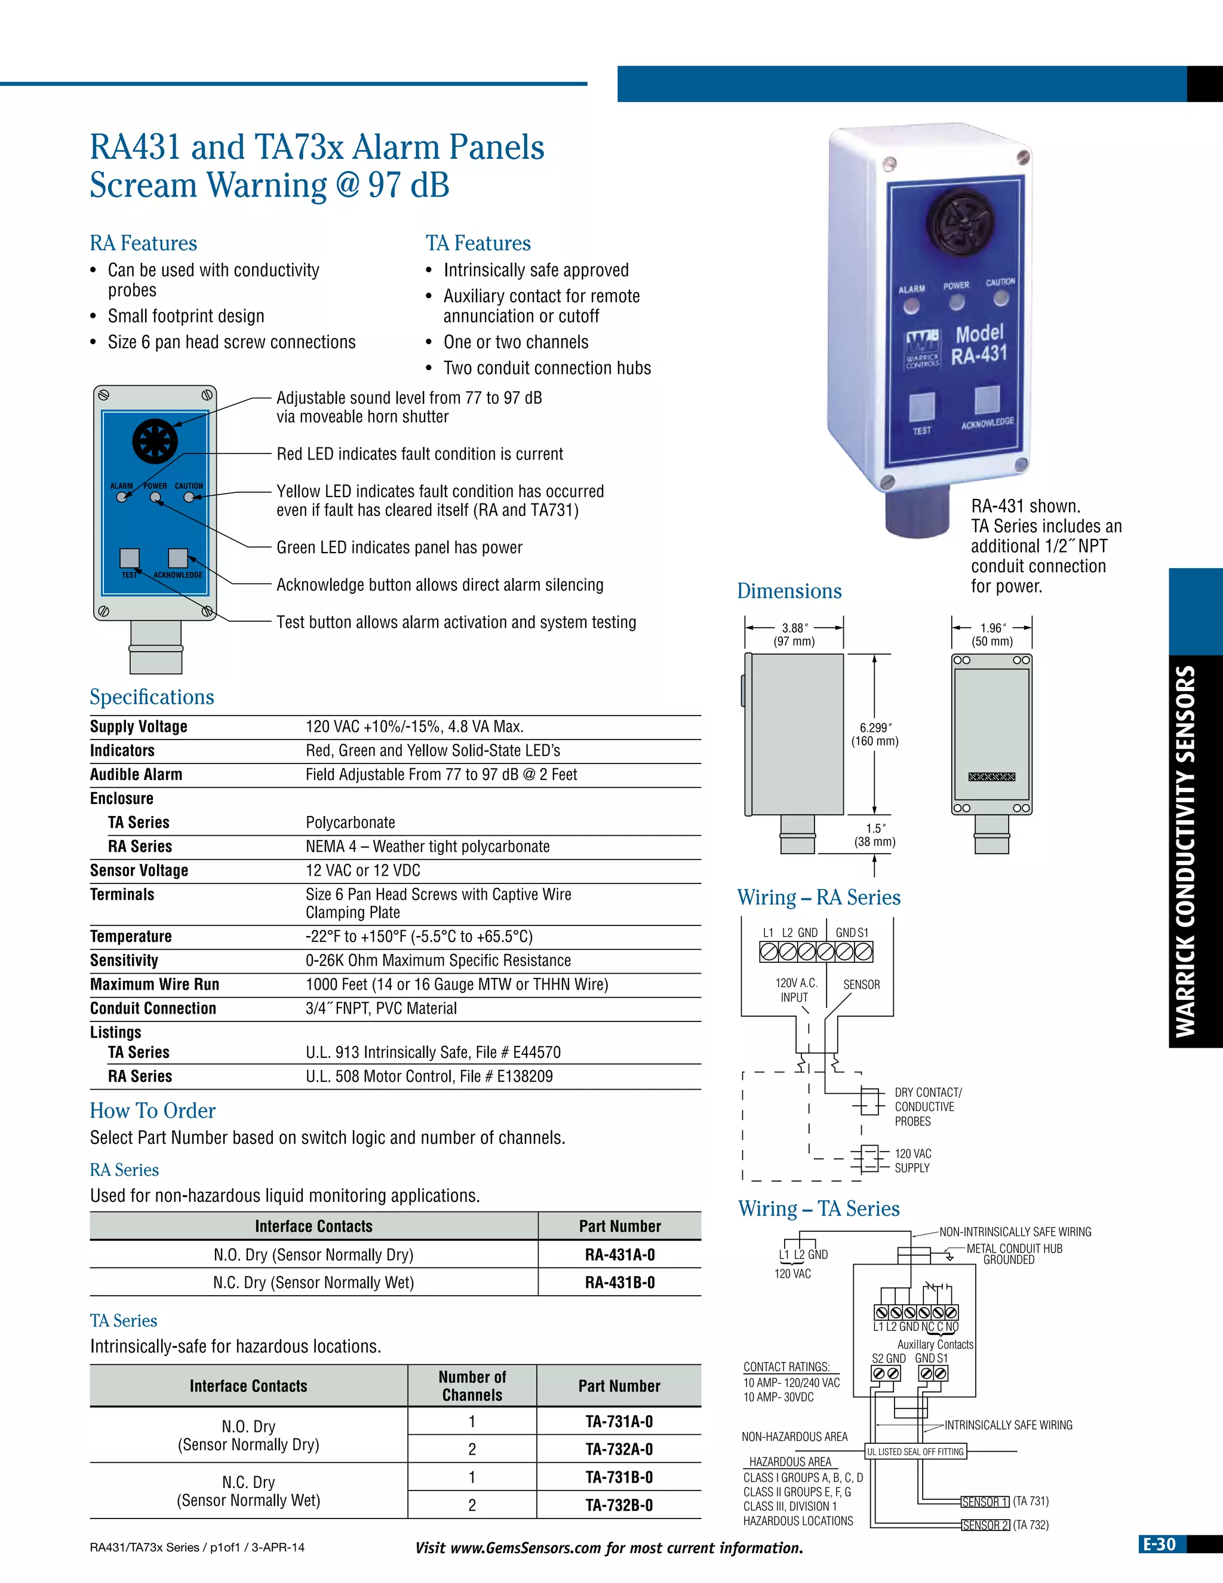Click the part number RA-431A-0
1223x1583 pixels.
619,1254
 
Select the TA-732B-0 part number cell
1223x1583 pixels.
619,1505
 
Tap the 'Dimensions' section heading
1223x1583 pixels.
789,591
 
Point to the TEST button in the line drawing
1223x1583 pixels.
130,557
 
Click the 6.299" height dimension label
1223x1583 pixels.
874,734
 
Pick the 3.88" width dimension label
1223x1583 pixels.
794,634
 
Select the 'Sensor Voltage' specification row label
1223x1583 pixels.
139,870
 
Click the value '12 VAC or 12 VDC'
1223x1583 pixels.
362,870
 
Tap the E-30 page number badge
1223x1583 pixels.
1159,1545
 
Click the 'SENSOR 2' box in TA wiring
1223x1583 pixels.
985,1525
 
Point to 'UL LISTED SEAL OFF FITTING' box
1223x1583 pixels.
916,1452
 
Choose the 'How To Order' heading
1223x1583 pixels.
153,1111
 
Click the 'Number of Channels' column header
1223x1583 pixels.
472,1386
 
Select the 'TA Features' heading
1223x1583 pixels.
478,244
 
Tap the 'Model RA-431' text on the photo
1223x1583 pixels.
979,343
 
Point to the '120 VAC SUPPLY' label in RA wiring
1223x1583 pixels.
912,1161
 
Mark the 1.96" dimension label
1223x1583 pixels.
992,634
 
